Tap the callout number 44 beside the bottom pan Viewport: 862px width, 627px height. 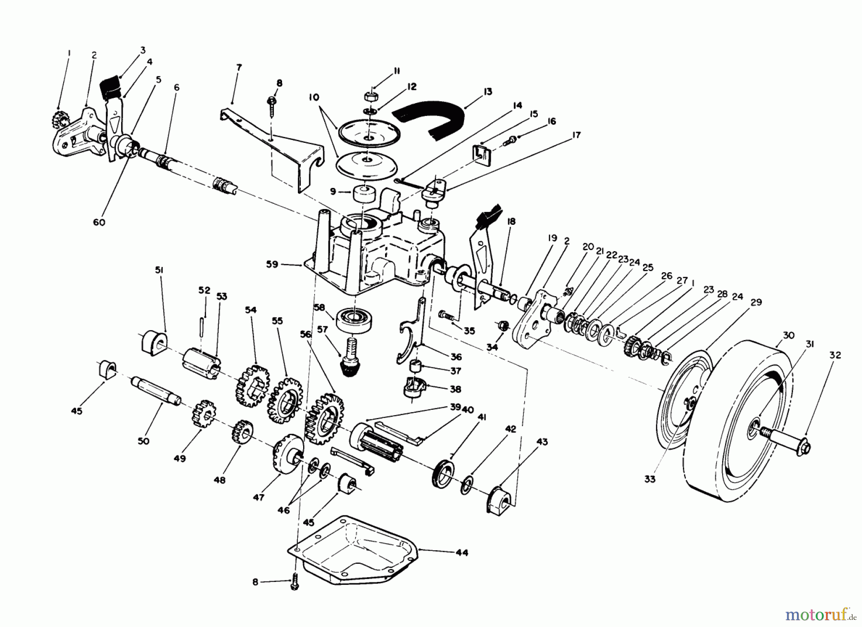point(461,553)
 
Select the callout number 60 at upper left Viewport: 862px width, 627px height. point(99,222)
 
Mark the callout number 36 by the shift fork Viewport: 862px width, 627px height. point(455,357)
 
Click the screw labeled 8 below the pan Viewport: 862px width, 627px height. point(295,581)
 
